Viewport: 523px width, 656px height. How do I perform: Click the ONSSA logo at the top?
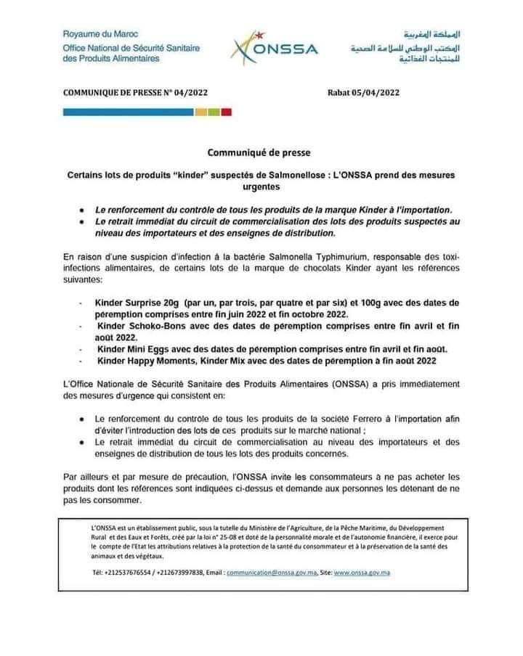274,46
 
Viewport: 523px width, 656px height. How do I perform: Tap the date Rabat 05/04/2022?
364,92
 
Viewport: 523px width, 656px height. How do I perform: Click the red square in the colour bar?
226,112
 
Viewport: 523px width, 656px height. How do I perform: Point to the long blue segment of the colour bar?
128,112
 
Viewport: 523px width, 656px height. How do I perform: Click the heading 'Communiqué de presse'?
258,153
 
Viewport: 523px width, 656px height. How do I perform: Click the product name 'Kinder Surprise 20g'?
136,301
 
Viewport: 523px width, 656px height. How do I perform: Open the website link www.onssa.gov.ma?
363,573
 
